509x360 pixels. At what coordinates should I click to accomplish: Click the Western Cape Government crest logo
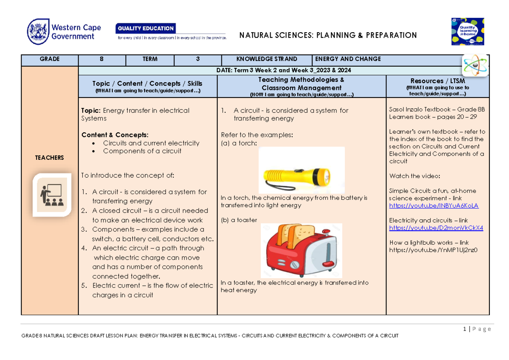point(37,32)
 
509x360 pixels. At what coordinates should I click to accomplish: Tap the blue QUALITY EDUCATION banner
point(145,28)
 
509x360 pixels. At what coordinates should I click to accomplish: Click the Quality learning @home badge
point(467,31)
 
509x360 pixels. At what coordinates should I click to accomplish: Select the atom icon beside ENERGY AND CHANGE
point(475,65)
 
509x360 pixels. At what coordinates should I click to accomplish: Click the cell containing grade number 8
point(102,59)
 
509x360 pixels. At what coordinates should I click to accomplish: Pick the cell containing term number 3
point(198,59)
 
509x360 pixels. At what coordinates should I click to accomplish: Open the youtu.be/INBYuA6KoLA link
point(433,206)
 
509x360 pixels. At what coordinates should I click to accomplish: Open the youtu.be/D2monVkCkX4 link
point(436,228)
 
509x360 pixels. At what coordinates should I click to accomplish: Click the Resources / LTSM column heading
point(437,81)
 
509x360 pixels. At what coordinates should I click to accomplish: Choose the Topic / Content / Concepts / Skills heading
point(147,84)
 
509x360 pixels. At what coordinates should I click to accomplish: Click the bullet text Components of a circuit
point(142,151)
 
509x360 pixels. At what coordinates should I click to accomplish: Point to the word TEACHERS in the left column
point(50,158)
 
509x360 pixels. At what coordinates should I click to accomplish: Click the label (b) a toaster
point(239,220)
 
